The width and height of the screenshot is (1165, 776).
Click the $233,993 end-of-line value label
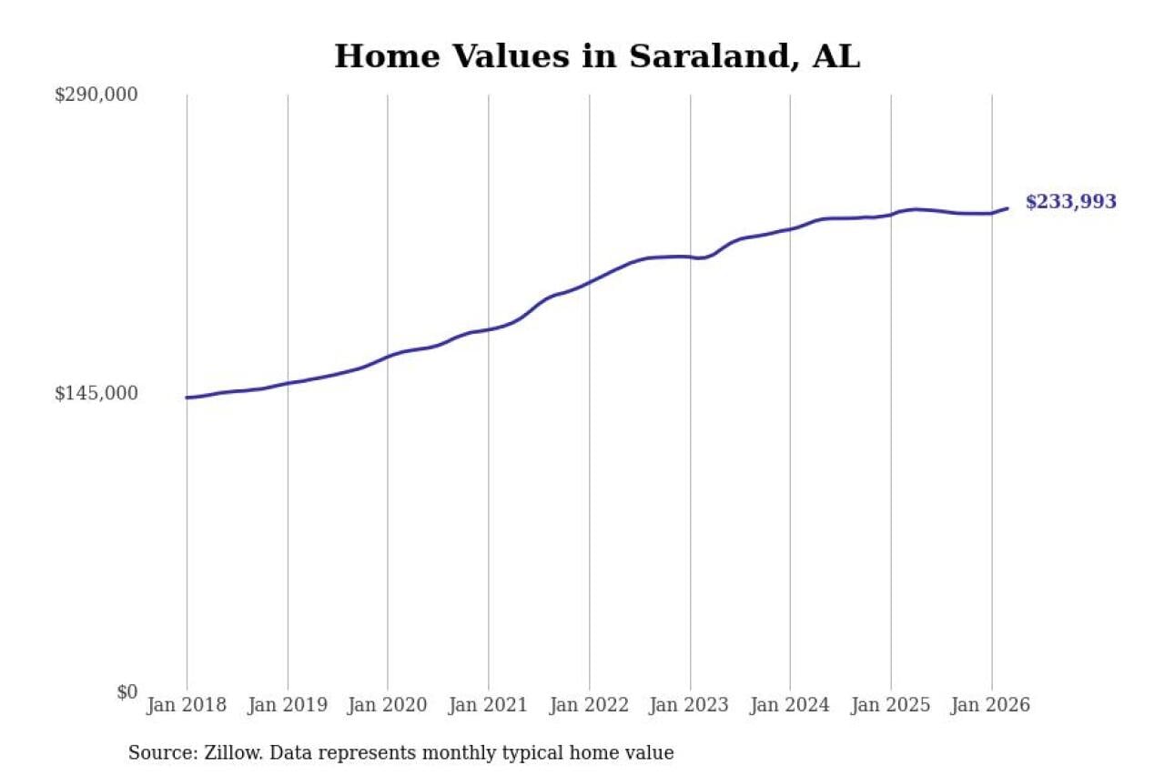1070,202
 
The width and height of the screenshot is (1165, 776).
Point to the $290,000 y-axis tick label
96,95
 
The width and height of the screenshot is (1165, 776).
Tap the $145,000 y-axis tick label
96,393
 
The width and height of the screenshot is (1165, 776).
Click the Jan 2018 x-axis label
187,705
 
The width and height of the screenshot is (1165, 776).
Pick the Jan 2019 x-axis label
288,705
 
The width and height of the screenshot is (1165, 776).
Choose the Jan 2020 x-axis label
388,705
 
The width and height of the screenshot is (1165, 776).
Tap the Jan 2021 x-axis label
489,705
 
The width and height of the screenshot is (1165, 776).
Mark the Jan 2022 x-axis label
589,705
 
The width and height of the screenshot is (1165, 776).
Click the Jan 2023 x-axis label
690,705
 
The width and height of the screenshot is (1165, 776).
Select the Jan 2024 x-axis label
790,705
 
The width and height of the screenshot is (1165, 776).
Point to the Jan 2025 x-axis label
891,705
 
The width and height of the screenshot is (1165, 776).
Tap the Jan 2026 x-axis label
991,705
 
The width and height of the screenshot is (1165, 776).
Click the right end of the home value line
1008,208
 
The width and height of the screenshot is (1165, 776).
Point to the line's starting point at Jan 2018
187,398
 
